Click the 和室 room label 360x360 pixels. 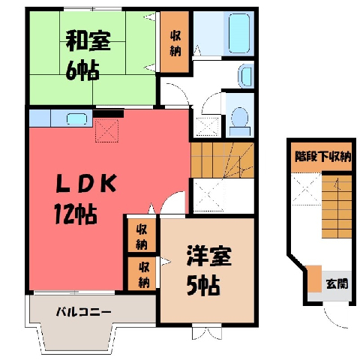[88, 40]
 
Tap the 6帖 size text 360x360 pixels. [82, 70]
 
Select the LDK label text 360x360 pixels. [86, 183]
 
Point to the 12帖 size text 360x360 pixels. [76, 214]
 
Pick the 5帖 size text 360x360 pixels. [203, 286]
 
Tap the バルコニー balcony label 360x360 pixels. [83, 312]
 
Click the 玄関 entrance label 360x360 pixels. [337, 283]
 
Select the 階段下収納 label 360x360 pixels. [323, 157]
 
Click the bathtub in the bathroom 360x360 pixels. [239, 33]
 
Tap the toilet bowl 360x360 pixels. [239, 121]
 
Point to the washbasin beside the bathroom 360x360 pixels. [246, 76]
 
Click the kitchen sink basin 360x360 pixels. [76, 118]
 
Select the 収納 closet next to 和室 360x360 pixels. [175, 42]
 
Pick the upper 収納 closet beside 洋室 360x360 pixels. [142, 235]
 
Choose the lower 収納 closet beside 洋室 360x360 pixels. [143, 274]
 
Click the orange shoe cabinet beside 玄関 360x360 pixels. [314, 279]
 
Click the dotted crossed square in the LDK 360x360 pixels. [106, 130]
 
